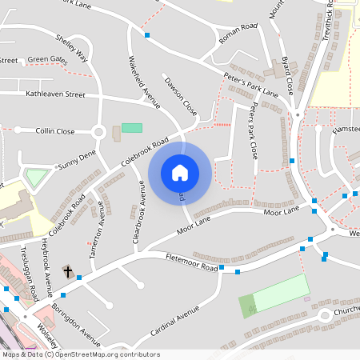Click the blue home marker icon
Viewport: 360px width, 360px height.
point(180,172)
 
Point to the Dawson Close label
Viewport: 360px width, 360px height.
point(180,94)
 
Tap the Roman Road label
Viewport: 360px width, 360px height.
point(238,28)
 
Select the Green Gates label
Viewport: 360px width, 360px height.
point(48,59)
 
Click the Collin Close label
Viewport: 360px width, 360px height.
point(55,131)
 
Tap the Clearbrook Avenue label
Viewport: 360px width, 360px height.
point(138,215)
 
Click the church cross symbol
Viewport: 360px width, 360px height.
point(68,272)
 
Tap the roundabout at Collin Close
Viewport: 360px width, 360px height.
point(98,132)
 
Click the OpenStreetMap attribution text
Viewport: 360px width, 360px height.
point(80,354)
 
